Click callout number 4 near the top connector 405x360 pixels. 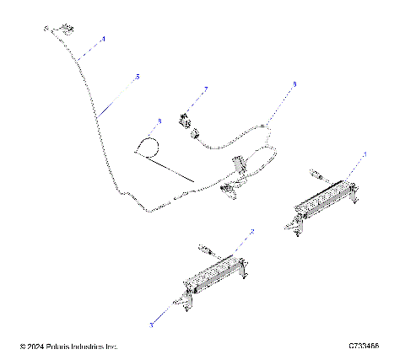[x=104, y=39]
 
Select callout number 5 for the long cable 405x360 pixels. [x=138, y=77]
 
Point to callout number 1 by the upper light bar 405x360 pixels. [x=364, y=154]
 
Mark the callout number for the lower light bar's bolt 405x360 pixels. [x=153, y=324]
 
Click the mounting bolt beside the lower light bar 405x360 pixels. [x=178, y=304]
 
